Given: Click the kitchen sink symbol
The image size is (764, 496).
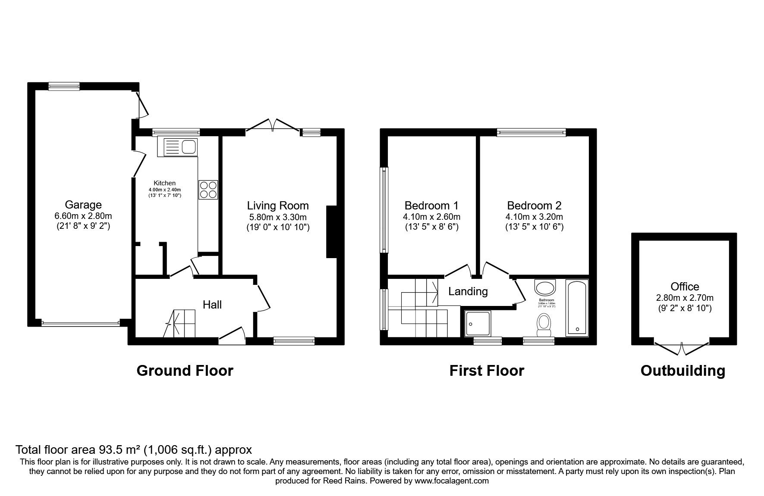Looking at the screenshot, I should point(178,147).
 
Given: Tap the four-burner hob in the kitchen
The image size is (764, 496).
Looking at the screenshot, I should point(208,190).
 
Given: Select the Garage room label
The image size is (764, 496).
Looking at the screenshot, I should point(83,205).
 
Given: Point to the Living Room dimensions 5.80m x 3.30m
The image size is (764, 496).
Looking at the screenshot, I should point(277,217).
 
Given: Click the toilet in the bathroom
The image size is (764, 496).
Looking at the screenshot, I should point(544,324).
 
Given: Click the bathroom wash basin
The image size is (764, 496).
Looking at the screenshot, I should point(545,287).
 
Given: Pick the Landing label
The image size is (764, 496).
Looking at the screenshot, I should point(468,292).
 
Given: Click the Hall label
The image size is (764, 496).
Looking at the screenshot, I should point(212,305).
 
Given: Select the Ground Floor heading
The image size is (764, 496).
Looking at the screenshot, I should point(185,371).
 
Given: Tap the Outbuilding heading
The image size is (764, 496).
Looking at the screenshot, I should point(682,371).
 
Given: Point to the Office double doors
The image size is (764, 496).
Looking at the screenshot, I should point(682,348).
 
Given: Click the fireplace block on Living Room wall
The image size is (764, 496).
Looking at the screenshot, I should point(331,232).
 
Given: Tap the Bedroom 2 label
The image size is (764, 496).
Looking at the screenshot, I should point(534,206).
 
